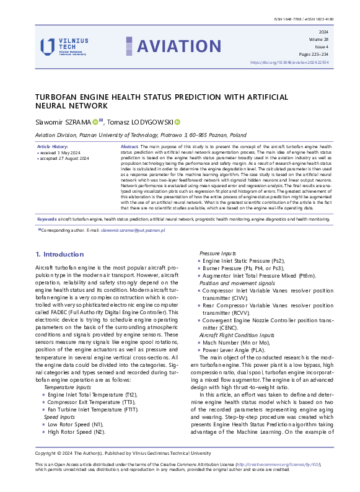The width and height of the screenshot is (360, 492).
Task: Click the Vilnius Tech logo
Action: pos(64,46)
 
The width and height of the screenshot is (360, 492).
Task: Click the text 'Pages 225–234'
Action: pos(316,54)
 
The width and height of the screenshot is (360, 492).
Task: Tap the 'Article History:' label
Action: pos(54,146)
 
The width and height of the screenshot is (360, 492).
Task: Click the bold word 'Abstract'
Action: pos(130,146)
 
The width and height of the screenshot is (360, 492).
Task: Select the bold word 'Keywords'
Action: pos(48,219)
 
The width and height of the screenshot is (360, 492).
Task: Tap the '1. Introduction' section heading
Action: pos(59,254)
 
